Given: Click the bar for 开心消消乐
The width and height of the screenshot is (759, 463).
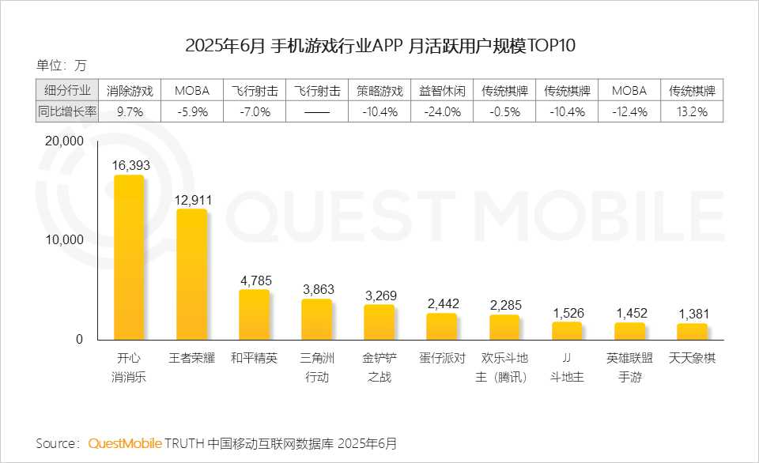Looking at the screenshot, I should pos(129,257).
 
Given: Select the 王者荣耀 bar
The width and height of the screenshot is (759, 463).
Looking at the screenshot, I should pos(191,274).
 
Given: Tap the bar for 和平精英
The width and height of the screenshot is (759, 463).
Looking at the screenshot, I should pos(254,314).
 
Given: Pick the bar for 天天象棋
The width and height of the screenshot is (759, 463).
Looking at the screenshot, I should pos(693,331).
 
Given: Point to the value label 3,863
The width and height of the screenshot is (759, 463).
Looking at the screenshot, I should pos(317,289).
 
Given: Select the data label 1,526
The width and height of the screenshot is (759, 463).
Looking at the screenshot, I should pos(567,312).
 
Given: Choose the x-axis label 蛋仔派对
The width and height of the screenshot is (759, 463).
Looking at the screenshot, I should pos(442,358).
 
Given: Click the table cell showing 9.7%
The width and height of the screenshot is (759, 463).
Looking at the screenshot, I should pos(130,112).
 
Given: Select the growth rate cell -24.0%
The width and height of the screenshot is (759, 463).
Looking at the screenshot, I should pos(442,112).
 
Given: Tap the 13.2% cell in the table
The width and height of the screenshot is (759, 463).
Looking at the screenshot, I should pos(693,112).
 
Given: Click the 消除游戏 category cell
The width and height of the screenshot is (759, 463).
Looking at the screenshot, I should pos(130,90).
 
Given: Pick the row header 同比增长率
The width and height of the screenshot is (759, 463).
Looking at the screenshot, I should pos(67,112).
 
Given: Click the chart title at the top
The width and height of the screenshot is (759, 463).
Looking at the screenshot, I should pos(379,45).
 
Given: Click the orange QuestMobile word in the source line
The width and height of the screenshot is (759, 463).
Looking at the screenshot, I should pos(125,442).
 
